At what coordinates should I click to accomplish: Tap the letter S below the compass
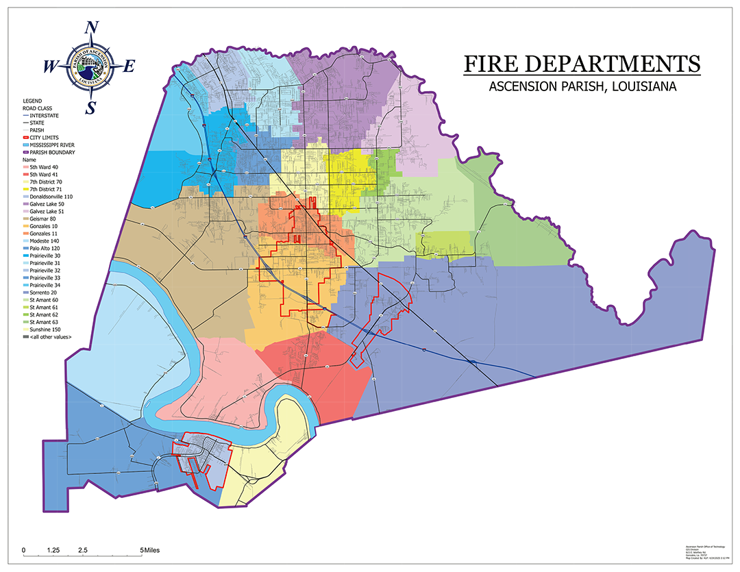click(91, 108)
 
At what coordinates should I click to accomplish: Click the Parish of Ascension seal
click(91, 66)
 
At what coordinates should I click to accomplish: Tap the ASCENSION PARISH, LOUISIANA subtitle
click(582, 87)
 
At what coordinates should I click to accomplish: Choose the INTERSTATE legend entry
click(46, 115)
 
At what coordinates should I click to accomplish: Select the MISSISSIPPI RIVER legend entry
click(52, 145)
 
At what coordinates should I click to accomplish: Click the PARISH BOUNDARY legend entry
click(51, 153)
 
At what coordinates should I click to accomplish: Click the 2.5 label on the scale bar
click(83, 550)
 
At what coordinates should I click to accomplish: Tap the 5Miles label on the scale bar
click(151, 550)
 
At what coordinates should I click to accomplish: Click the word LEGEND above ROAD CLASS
click(32, 101)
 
